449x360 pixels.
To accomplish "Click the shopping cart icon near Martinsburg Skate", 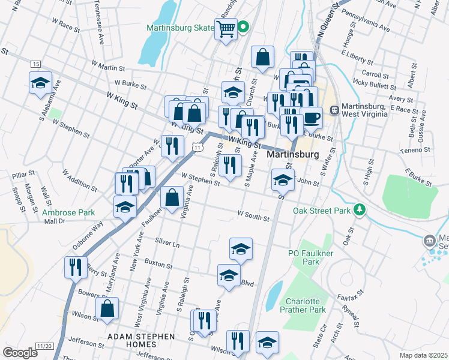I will [226, 28].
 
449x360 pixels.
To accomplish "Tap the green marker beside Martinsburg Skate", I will [243, 26].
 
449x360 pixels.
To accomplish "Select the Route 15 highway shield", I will [36, 64].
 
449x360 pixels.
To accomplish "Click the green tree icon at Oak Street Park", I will [360, 209].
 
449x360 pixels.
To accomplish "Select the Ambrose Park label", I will [68, 212].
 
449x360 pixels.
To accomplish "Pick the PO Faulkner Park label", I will [310, 257].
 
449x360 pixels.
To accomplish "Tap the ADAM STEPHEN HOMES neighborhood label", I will [140, 337].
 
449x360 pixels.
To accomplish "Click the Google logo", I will [20, 353].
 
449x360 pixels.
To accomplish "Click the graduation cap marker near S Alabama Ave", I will [40, 83].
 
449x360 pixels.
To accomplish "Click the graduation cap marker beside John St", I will [283, 179].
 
